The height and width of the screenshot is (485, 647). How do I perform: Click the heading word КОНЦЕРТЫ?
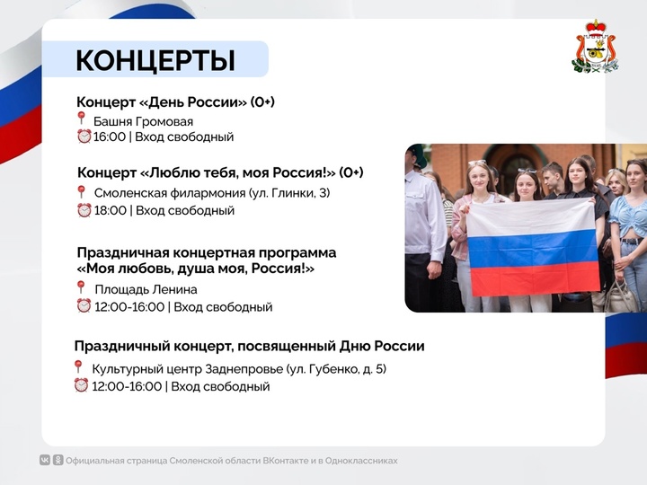(x=155, y=61)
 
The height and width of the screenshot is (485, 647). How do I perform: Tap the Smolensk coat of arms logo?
(x=596, y=47)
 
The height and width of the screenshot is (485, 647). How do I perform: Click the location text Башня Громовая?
(x=143, y=121)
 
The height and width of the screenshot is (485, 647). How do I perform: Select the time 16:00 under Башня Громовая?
(x=110, y=137)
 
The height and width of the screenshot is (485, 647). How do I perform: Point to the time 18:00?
(x=111, y=210)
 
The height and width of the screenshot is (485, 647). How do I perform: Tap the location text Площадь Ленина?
(x=146, y=289)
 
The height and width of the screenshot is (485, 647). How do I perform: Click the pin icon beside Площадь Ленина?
(x=81, y=287)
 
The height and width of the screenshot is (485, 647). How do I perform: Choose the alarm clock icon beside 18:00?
(x=84, y=210)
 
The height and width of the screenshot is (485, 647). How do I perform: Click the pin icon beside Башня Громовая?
(x=81, y=118)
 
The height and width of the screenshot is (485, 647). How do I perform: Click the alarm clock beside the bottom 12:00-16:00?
(x=81, y=385)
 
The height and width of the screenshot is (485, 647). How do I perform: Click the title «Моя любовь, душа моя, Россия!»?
(x=196, y=269)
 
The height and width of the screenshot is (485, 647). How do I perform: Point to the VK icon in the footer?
(x=45, y=460)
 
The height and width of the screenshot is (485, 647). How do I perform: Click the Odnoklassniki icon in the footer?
(x=58, y=460)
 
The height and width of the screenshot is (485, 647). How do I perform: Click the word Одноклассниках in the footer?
(x=361, y=461)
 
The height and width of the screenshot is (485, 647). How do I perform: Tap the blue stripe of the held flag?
(x=532, y=248)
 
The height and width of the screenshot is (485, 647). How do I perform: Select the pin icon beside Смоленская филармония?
(x=81, y=192)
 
